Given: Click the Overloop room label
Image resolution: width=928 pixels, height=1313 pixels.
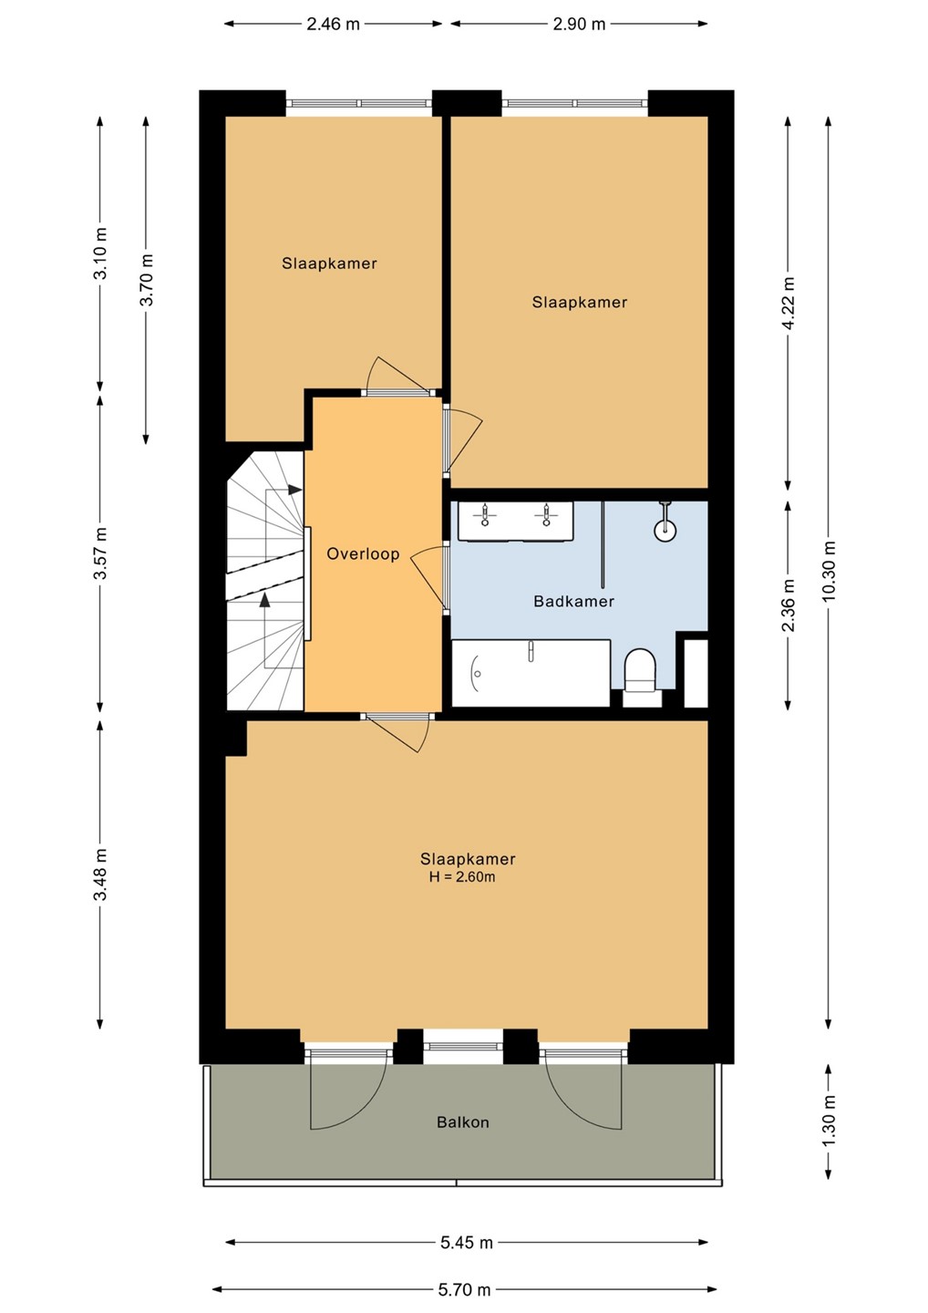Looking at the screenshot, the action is pos(363,554).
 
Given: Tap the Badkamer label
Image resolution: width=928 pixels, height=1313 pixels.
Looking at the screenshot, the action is pos(573,601).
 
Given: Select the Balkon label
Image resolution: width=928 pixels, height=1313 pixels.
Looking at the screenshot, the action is pos(463,1122).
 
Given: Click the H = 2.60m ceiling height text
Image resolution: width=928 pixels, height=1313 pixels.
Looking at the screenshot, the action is pos(462,877).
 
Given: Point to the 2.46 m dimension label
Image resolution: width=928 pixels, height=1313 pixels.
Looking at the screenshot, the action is pos(333,24).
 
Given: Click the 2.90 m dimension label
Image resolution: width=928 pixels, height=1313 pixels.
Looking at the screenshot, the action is pos(579,24).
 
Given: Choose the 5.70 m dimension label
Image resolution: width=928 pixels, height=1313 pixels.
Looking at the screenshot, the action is pos(464,1289).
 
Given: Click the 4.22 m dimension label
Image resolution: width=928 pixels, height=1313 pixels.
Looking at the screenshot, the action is pos(788,303).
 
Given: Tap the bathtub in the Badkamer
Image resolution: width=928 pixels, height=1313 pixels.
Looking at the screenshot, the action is pos(531,673).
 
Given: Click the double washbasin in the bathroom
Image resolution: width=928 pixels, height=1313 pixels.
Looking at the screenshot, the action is pos(516,521).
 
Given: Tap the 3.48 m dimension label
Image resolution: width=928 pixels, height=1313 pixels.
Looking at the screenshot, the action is pos(100,875).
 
